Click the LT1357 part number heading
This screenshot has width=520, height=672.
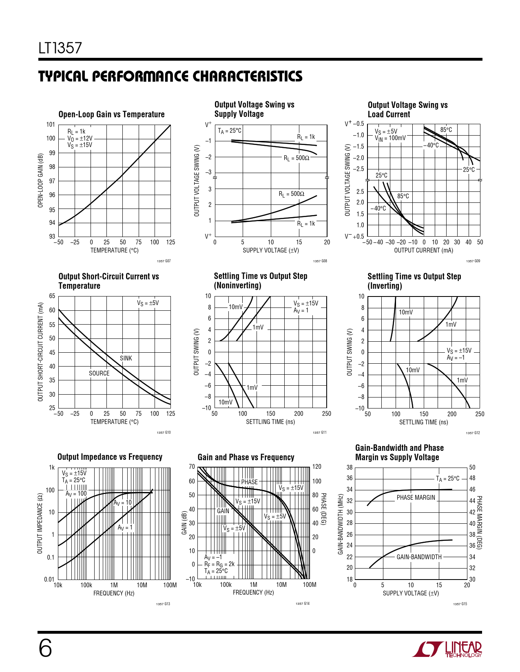pyautogui.click(x=60, y=48)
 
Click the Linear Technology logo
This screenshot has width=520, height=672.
pyautogui.click(x=447, y=649)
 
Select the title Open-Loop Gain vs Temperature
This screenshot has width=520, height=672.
pyautogui.click(x=111, y=114)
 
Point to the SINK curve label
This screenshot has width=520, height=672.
pyautogui.click(x=126, y=358)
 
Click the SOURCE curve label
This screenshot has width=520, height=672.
pyautogui.click(x=99, y=373)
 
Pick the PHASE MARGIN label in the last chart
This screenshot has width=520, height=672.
pyautogui.click(x=416, y=497)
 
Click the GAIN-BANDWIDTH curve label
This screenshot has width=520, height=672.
pyautogui.click(x=419, y=557)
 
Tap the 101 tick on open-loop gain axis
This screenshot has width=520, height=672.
pyautogui.click(x=51, y=125)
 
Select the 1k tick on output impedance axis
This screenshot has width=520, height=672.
pyautogui.click(x=52, y=468)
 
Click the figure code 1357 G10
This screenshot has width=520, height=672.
pyautogui.click(x=164, y=433)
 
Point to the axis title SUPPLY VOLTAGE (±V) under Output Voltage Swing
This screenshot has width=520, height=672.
pyautogui.click(x=270, y=250)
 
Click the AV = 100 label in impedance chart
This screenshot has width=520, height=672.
pyautogui.click(x=76, y=494)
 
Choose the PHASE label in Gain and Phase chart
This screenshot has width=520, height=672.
pyautogui.click(x=249, y=482)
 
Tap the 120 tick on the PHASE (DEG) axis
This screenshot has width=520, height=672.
pyautogui.click(x=317, y=467)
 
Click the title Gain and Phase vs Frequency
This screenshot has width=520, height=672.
pyautogui.click(x=246, y=457)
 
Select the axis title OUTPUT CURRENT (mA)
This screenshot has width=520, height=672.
pyautogui.click(x=423, y=250)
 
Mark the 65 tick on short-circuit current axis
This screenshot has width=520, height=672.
pyautogui.click(x=52, y=296)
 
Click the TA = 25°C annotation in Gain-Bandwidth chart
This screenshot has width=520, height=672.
pyautogui.click(x=447, y=479)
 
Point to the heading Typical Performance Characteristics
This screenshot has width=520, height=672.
pyautogui.click(x=170, y=77)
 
